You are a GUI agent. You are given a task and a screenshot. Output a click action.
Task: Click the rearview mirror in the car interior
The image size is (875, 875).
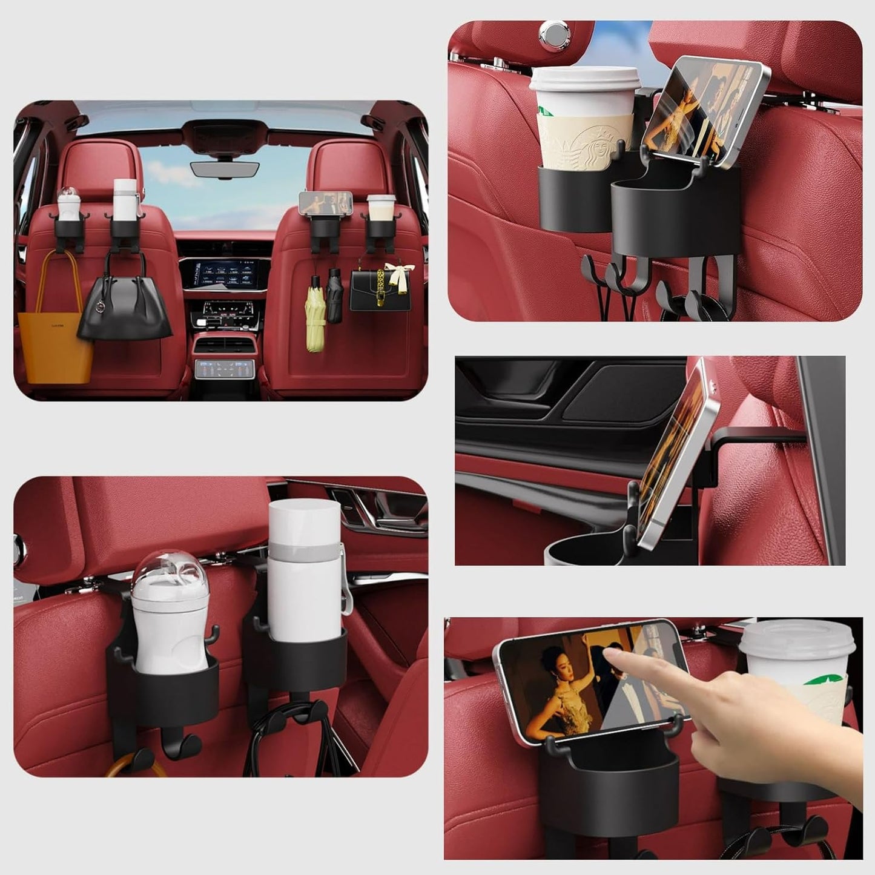224,169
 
